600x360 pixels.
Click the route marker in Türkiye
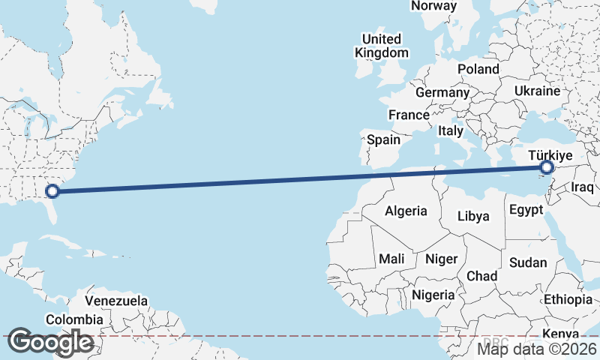click(x=547, y=167)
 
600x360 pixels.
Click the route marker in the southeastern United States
click(x=52, y=191)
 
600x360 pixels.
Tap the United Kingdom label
click(x=382, y=46)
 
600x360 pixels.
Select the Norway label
click(x=433, y=6)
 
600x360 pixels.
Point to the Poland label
click(x=478, y=69)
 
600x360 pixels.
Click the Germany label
click(x=442, y=93)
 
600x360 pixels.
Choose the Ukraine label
click(x=537, y=91)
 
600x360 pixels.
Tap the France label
click(x=409, y=115)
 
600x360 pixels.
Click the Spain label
click(x=383, y=139)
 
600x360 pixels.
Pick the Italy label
click(x=451, y=130)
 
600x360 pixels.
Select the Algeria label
click(x=406, y=211)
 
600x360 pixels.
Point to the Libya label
click(x=473, y=216)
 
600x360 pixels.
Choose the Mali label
click(x=391, y=259)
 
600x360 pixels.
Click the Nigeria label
click(x=433, y=295)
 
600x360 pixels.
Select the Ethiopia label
click(x=568, y=300)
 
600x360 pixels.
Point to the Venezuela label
click(x=116, y=301)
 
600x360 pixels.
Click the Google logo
click(x=50, y=342)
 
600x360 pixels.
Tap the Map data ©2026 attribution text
click(x=537, y=349)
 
